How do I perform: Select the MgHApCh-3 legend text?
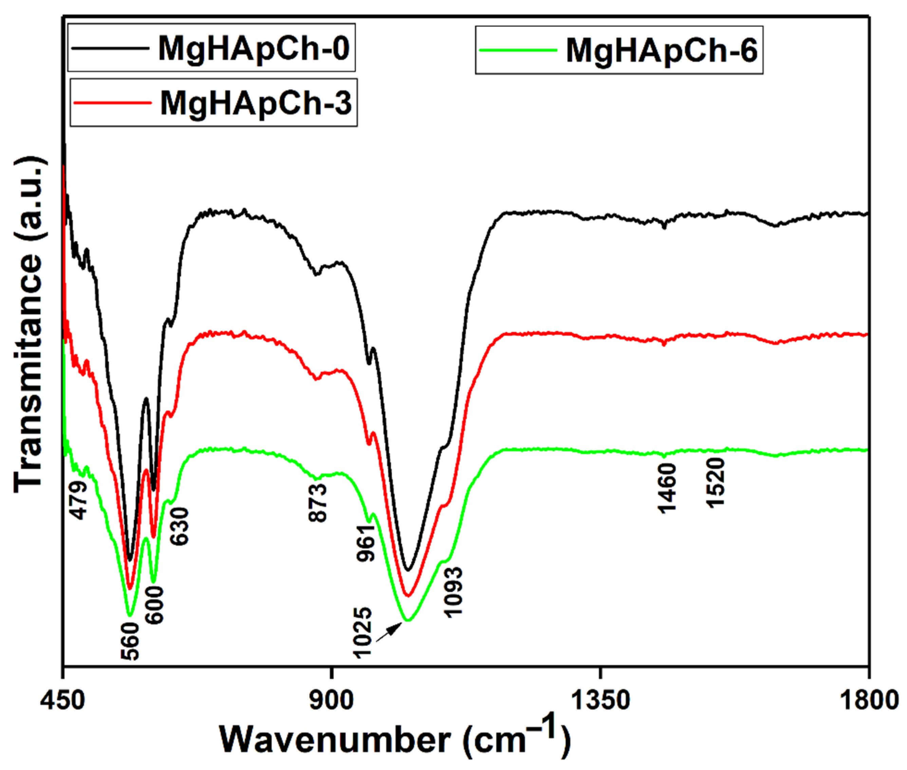pos(256,103)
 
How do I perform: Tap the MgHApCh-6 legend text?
pos(662,51)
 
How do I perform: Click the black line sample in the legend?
pos(110,47)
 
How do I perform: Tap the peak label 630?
pos(180,526)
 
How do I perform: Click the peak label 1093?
pos(453,592)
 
